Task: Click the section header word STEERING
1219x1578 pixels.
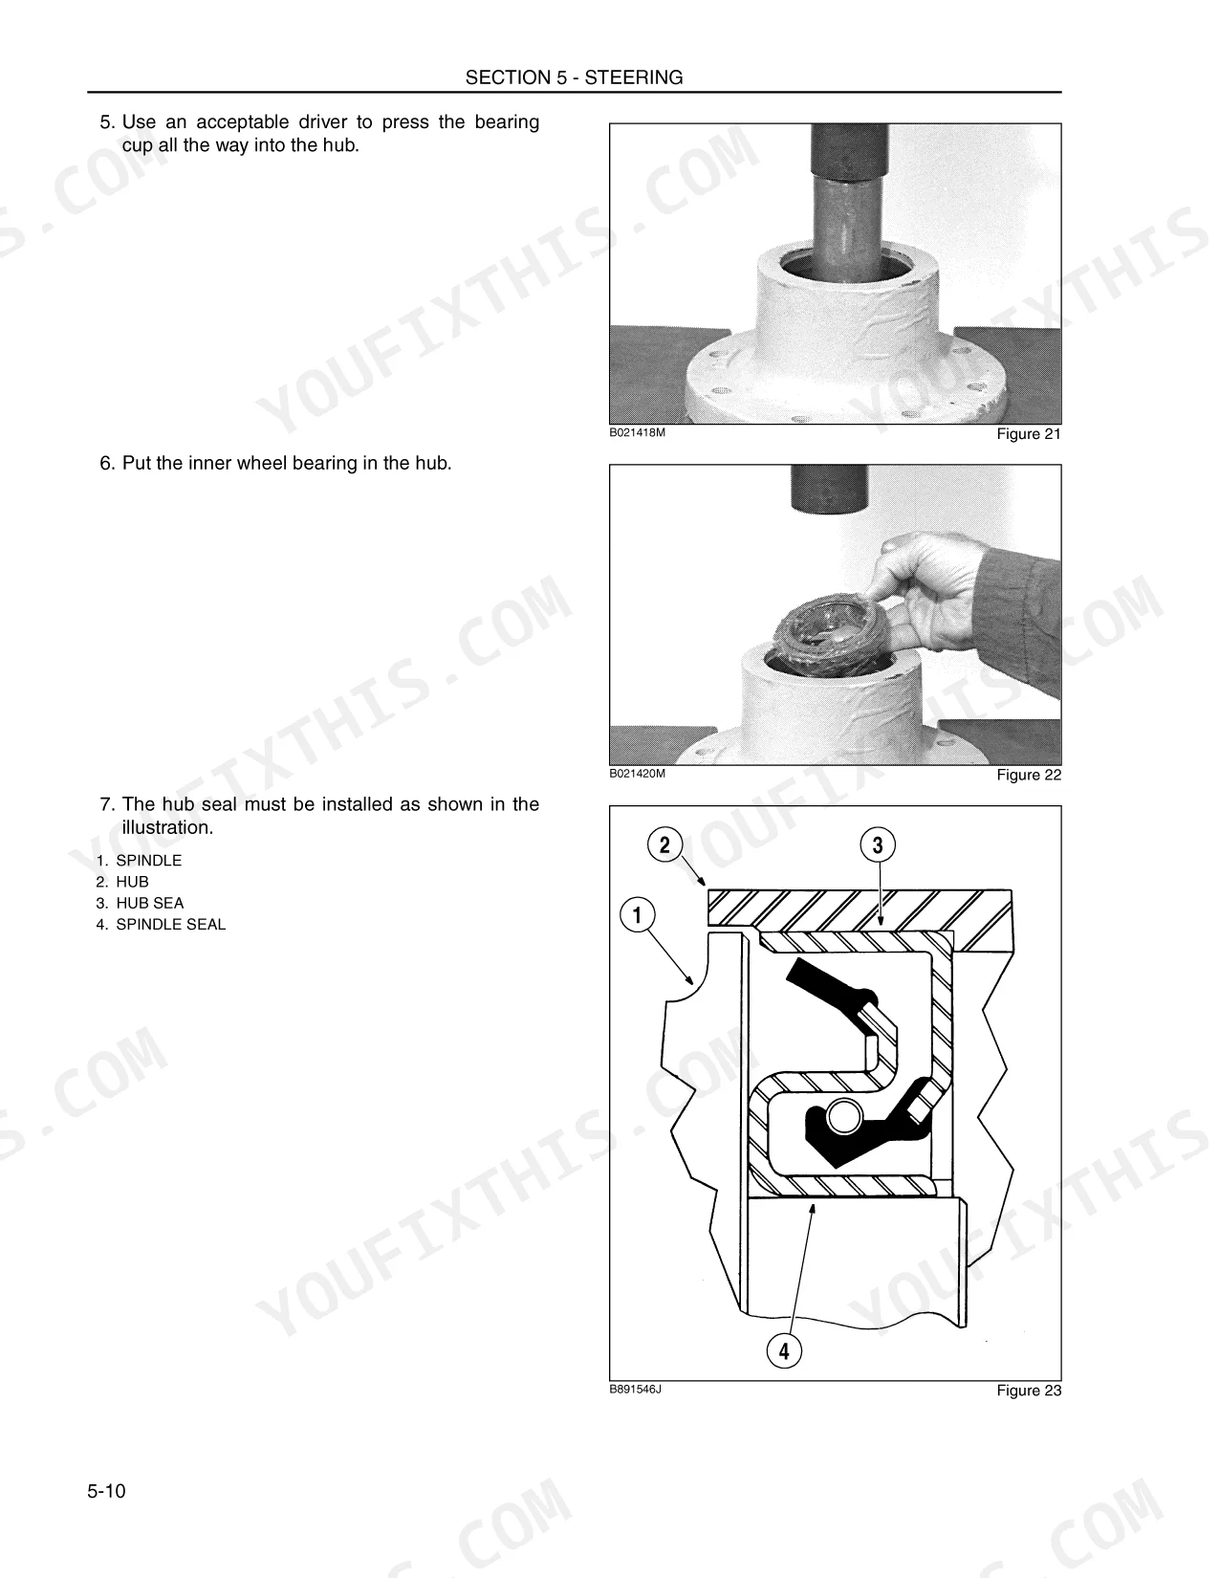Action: tap(633, 77)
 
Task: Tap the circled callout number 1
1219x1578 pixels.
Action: tap(638, 914)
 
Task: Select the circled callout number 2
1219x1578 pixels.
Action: tap(664, 844)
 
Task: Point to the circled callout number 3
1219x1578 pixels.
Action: tap(878, 844)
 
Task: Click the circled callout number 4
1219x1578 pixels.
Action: tap(784, 1350)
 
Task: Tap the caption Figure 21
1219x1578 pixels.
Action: tap(1029, 434)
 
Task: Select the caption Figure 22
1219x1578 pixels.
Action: tap(1029, 775)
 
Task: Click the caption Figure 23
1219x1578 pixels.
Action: tap(1029, 1390)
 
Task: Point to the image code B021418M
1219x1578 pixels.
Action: tap(637, 433)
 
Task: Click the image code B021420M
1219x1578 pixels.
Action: tap(637, 774)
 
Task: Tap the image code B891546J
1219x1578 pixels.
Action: tap(635, 1390)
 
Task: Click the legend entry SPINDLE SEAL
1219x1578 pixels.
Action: tap(170, 925)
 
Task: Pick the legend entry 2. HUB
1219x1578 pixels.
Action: tap(122, 882)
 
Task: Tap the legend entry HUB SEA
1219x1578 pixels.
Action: tap(149, 904)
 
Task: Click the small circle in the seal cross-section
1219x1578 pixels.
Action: tap(844, 1116)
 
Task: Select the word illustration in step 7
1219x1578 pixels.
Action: tap(167, 828)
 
